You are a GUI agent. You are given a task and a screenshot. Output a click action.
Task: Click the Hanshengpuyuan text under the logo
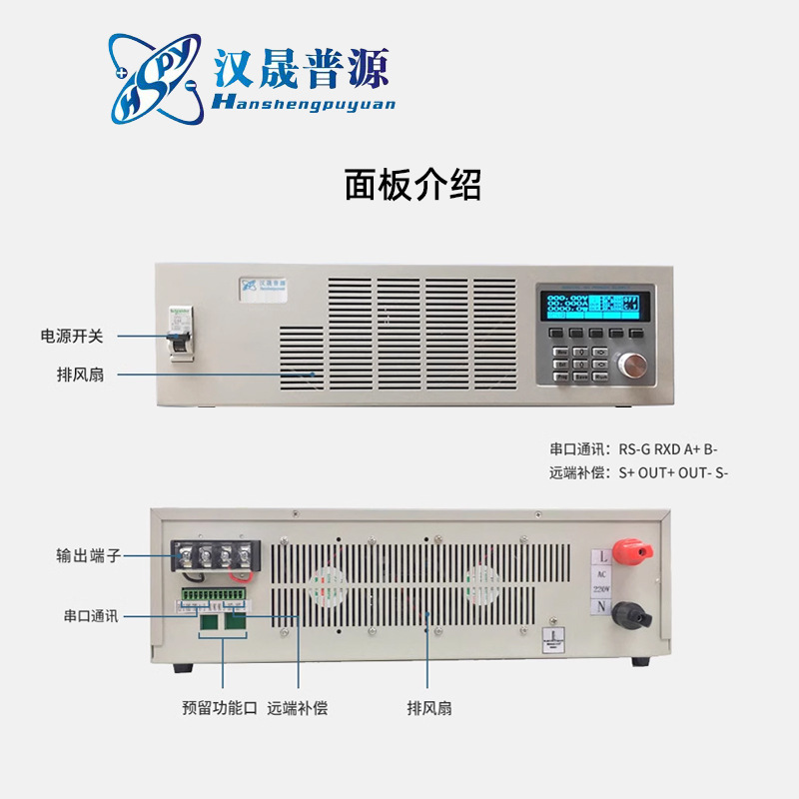coord(304,103)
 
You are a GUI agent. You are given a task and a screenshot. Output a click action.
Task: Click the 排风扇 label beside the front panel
coord(81,375)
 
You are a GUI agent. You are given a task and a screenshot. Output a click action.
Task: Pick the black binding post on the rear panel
coord(627,612)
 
